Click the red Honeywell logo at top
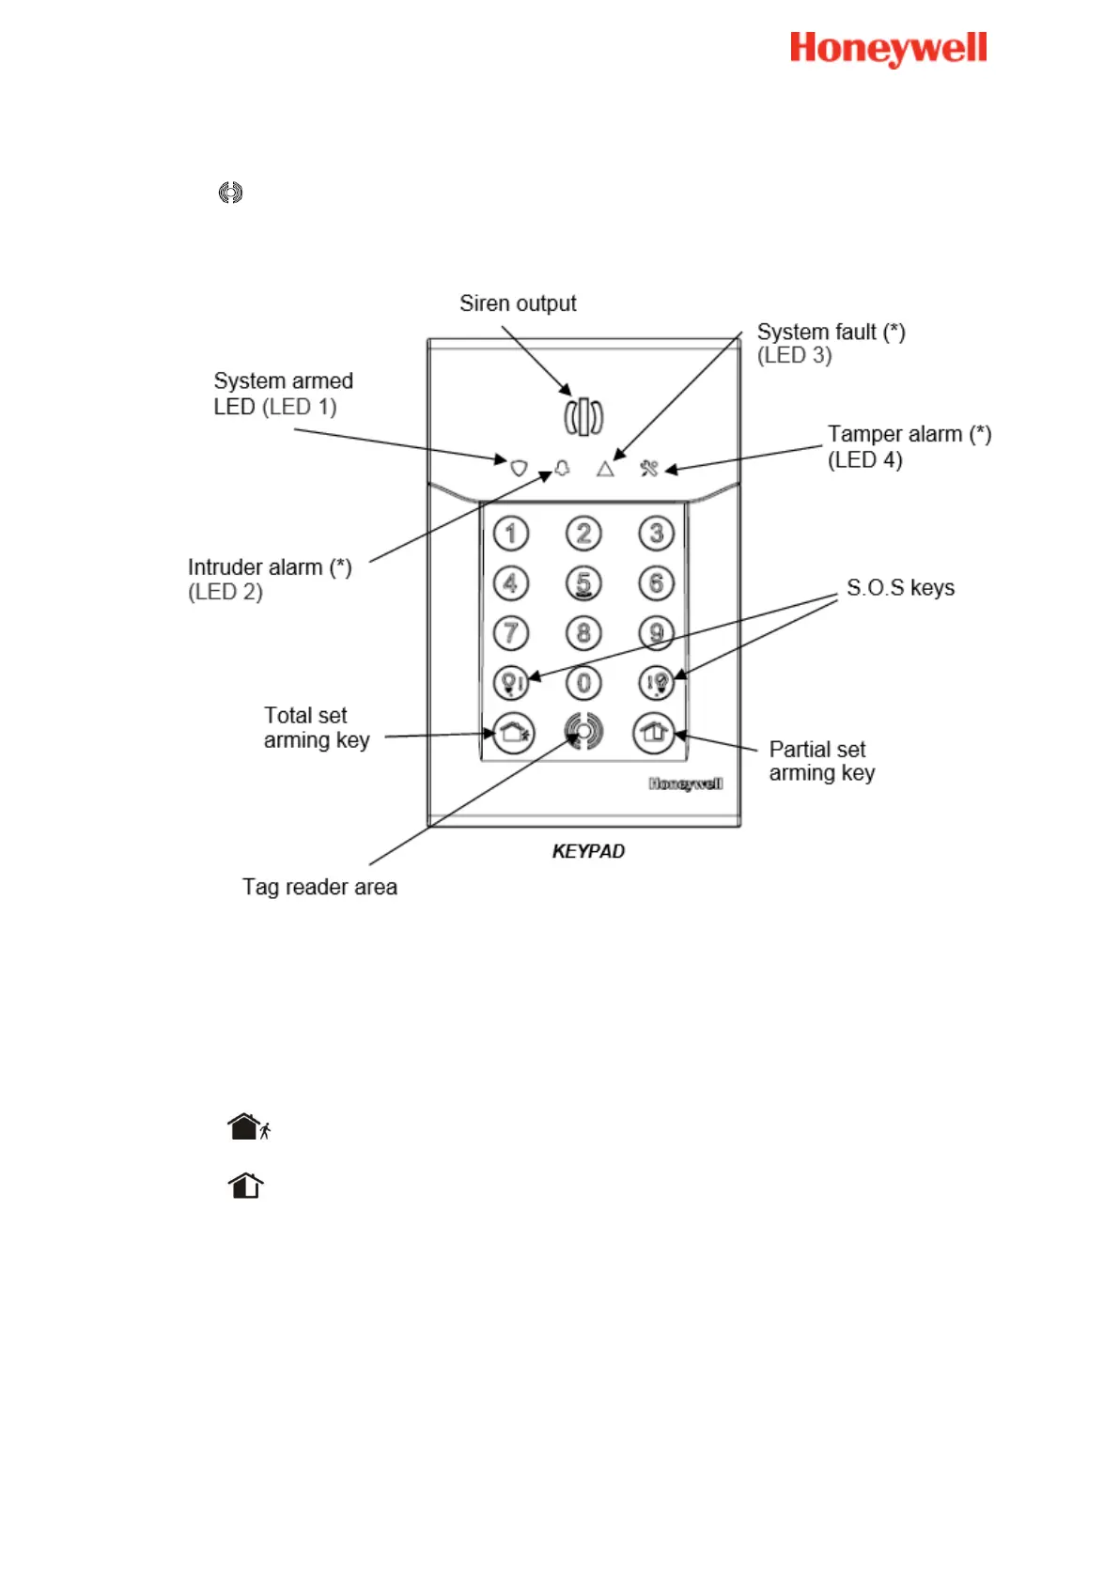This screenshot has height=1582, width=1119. tap(888, 49)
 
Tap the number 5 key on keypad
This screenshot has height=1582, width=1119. tap(583, 583)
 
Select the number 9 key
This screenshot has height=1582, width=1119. tap(656, 633)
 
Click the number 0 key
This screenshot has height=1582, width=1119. tap(583, 683)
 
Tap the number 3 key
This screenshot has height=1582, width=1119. tap(656, 534)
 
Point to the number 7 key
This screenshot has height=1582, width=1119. tap(511, 633)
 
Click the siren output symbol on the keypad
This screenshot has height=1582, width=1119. tap(583, 416)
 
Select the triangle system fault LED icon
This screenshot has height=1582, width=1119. tap(605, 468)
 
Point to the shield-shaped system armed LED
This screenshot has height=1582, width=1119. tap(519, 468)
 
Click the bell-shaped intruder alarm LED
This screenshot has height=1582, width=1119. tap(563, 468)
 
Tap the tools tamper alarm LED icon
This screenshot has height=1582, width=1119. tap(649, 468)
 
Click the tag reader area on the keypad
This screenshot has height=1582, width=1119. tap(583, 732)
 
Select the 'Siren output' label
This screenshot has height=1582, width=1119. tap(518, 303)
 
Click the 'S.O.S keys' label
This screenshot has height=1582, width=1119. tap(900, 588)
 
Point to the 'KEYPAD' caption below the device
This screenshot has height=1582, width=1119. tap(588, 851)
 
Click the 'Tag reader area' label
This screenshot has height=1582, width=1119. tap(319, 887)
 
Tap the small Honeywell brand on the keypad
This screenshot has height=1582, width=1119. tap(686, 783)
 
